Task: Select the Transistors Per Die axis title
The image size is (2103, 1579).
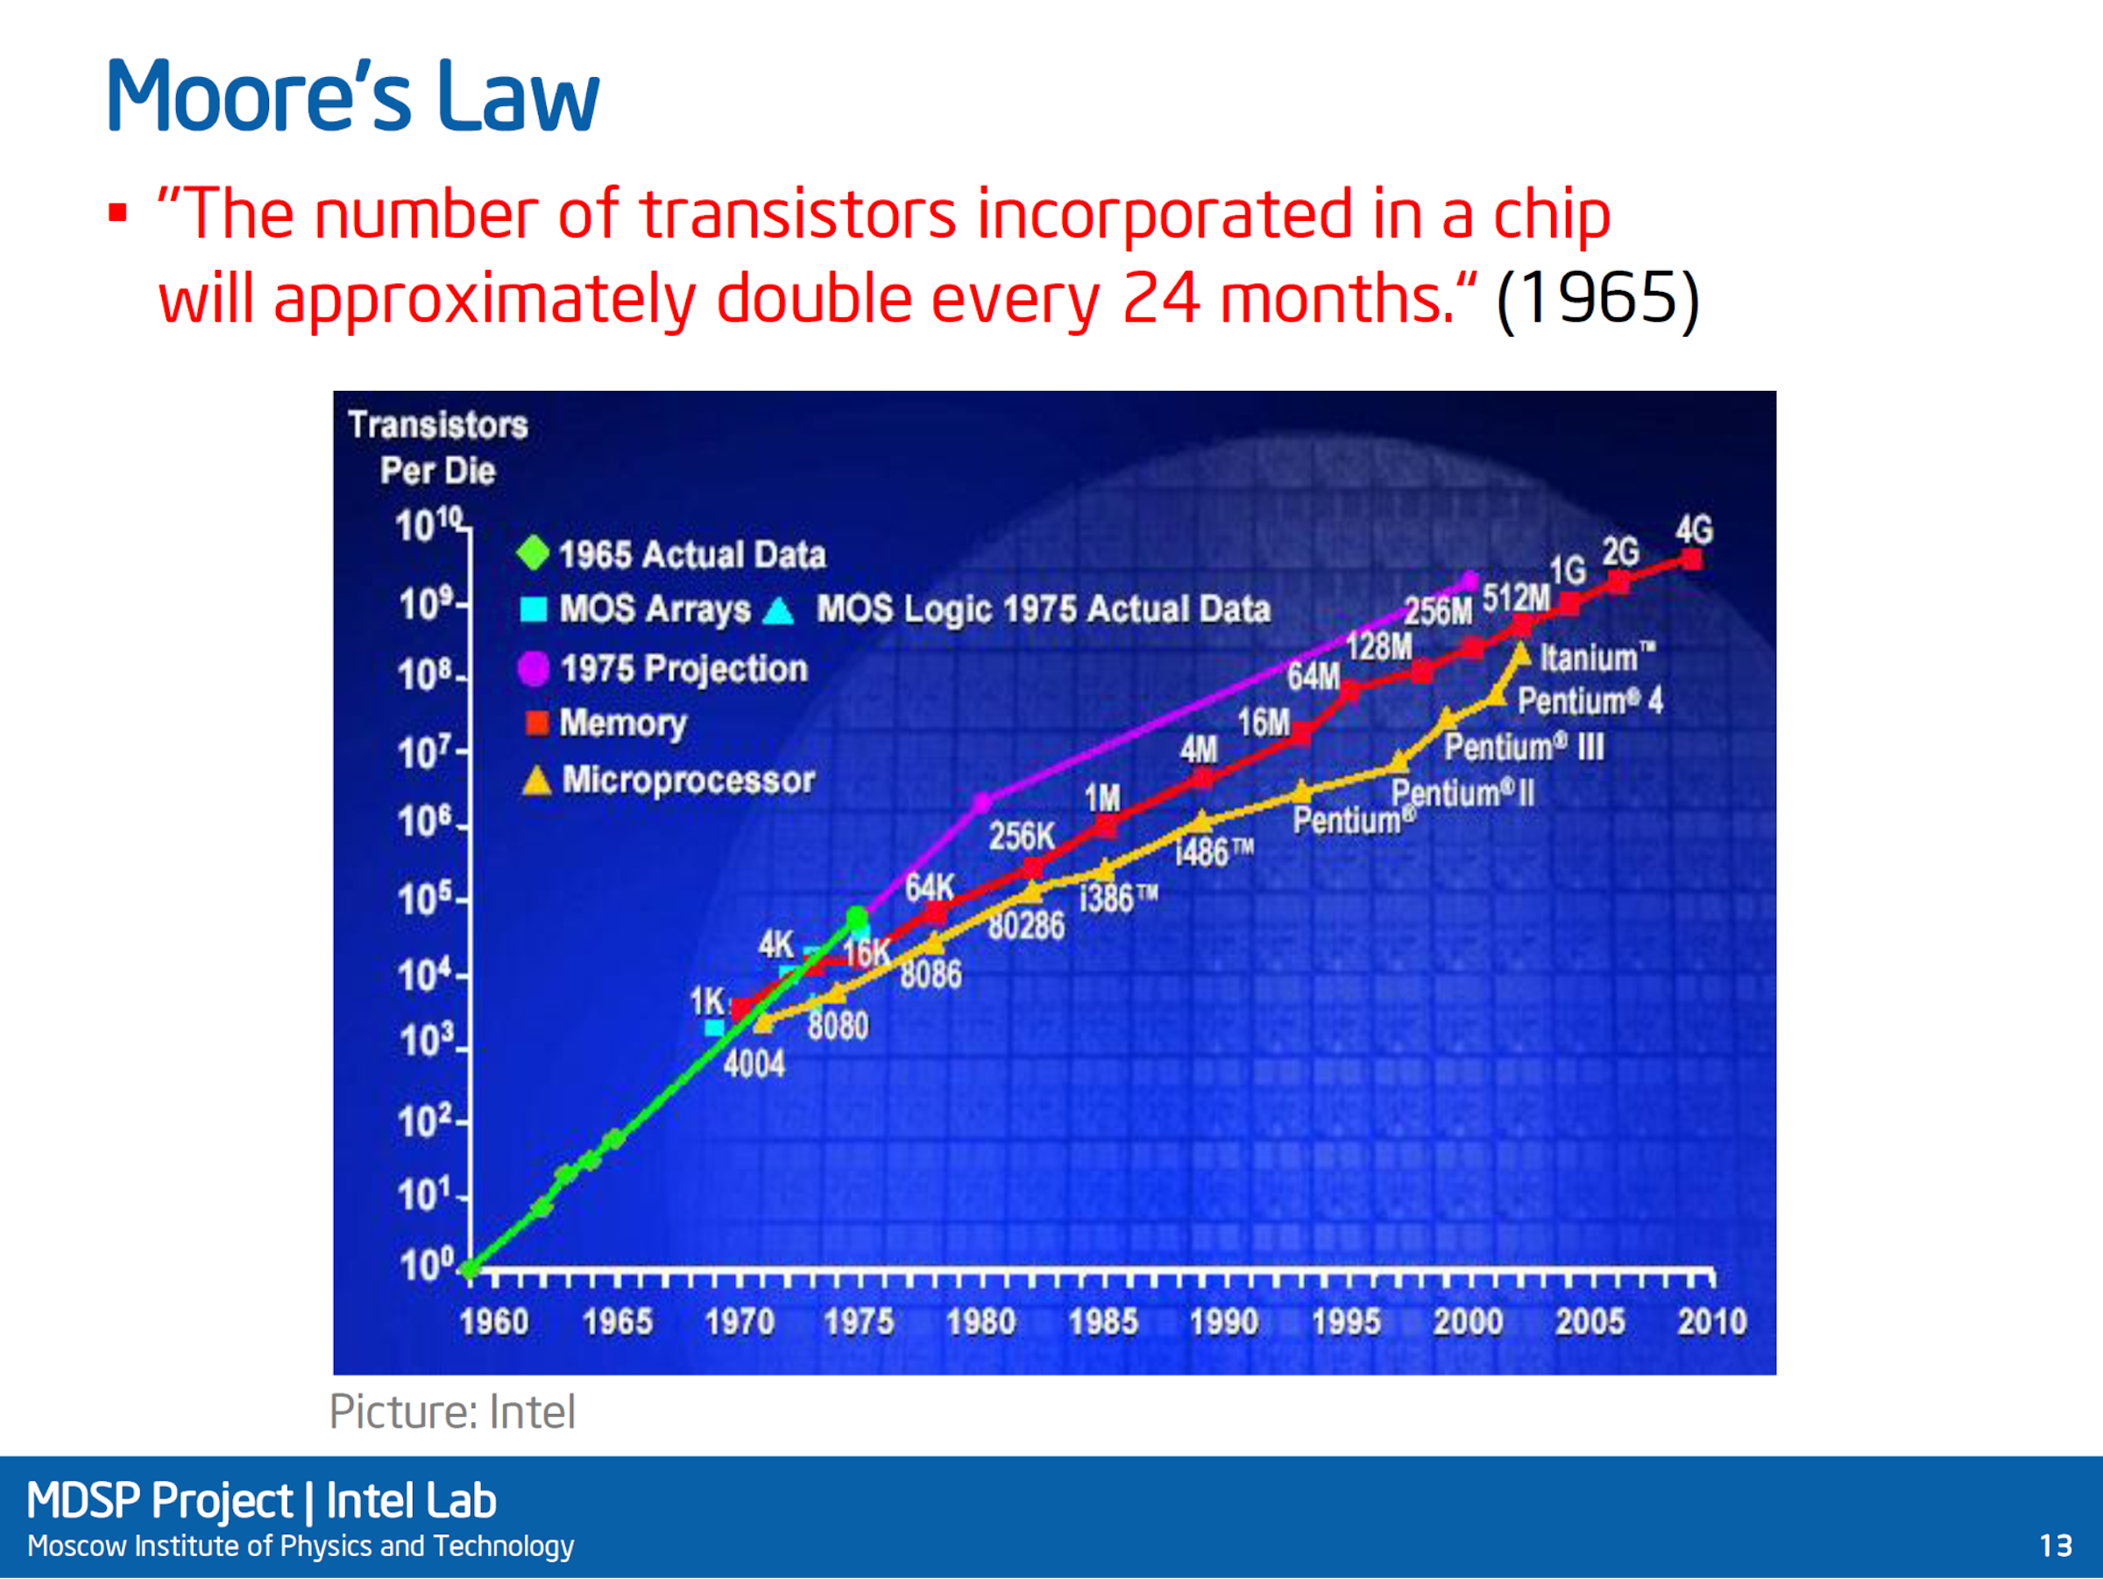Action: pyautogui.click(x=437, y=447)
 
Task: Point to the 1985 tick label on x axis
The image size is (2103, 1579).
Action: pyautogui.click(x=1103, y=1321)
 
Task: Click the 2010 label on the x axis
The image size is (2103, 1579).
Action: pyautogui.click(x=1712, y=1321)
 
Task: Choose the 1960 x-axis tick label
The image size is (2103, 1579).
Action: pyautogui.click(x=494, y=1321)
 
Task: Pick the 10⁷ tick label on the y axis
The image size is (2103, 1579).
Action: pyautogui.click(x=423, y=753)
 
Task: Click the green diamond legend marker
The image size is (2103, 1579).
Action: pyautogui.click(x=534, y=552)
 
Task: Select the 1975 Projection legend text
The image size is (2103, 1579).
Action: pyautogui.click(x=683, y=669)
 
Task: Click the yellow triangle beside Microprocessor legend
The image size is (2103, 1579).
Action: pyautogui.click(x=537, y=780)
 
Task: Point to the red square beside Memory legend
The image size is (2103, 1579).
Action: pyautogui.click(x=537, y=723)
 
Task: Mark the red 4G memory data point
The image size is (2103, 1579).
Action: pyautogui.click(x=1691, y=559)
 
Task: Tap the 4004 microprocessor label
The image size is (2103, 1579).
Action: pyautogui.click(x=754, y=1063)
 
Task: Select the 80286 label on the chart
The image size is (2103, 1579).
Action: pyautogui.click(x=1026, y=926)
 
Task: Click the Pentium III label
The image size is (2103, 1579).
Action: pyautogui.click(x=1525, y=747)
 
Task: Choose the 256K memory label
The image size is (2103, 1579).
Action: pyautogui.click(x=1022, y=837)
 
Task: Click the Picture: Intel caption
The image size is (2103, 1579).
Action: pyautogui.click(x=452, y=1412)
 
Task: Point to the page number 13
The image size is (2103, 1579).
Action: pyautogui.click(x=2056, y=1546)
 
